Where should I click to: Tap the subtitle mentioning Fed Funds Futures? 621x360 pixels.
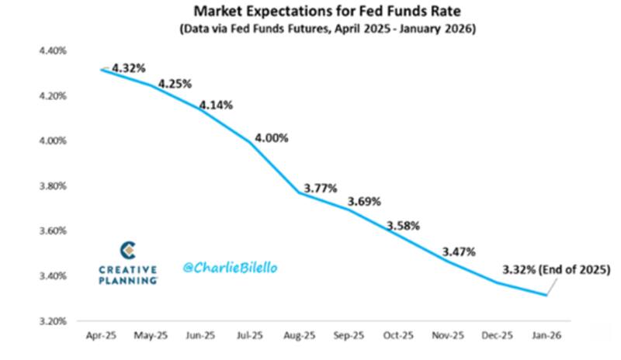click(x=328, y=29)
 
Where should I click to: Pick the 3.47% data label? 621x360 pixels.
click(x=460, y=251)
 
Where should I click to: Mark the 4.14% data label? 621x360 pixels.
click(x=217, y=104)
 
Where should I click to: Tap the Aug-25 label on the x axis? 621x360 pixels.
click(x=299, y=336)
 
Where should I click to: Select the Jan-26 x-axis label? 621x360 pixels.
click(x=547, y=336)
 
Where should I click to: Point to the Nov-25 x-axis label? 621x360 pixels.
click(x=448, y=336)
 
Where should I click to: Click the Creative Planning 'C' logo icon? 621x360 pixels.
click(x=128, y=250)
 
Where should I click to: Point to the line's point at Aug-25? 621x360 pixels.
click(x=300, y=192)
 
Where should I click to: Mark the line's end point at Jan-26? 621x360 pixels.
click(x=547, y=295)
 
